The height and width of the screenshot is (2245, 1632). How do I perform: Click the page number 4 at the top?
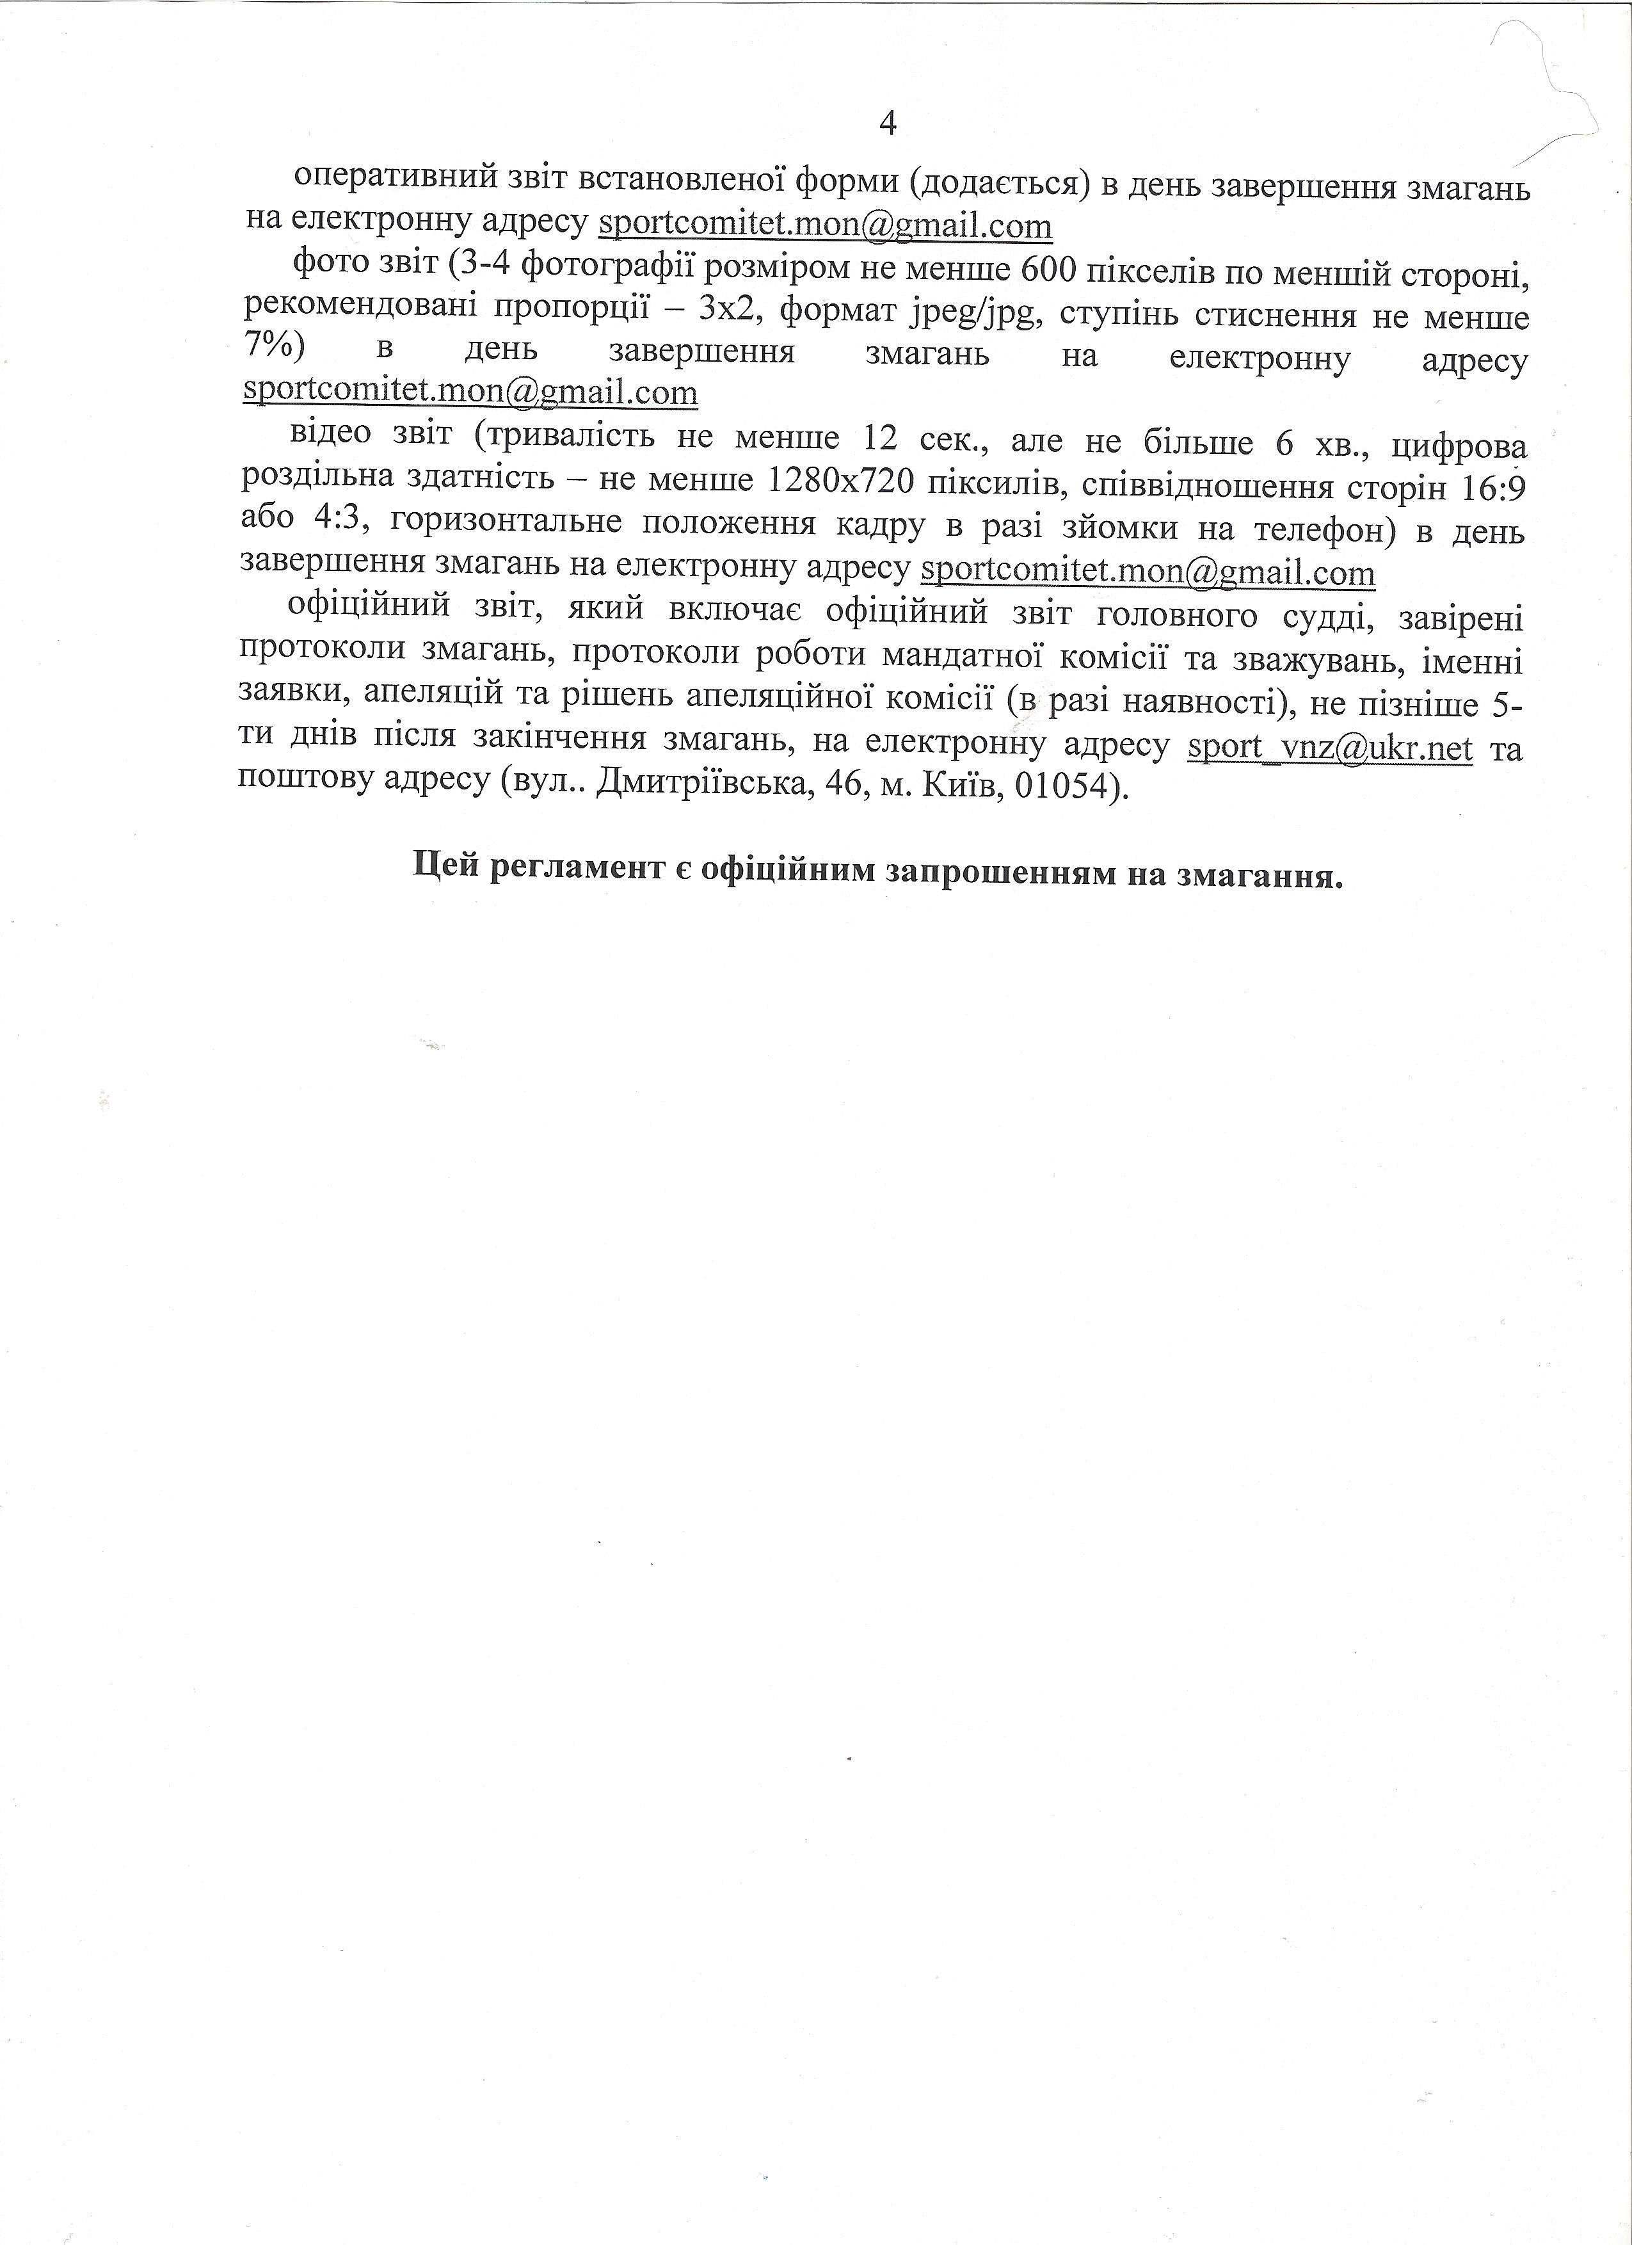[887, 124]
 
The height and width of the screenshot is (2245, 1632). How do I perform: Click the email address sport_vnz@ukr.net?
[1329, 746]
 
